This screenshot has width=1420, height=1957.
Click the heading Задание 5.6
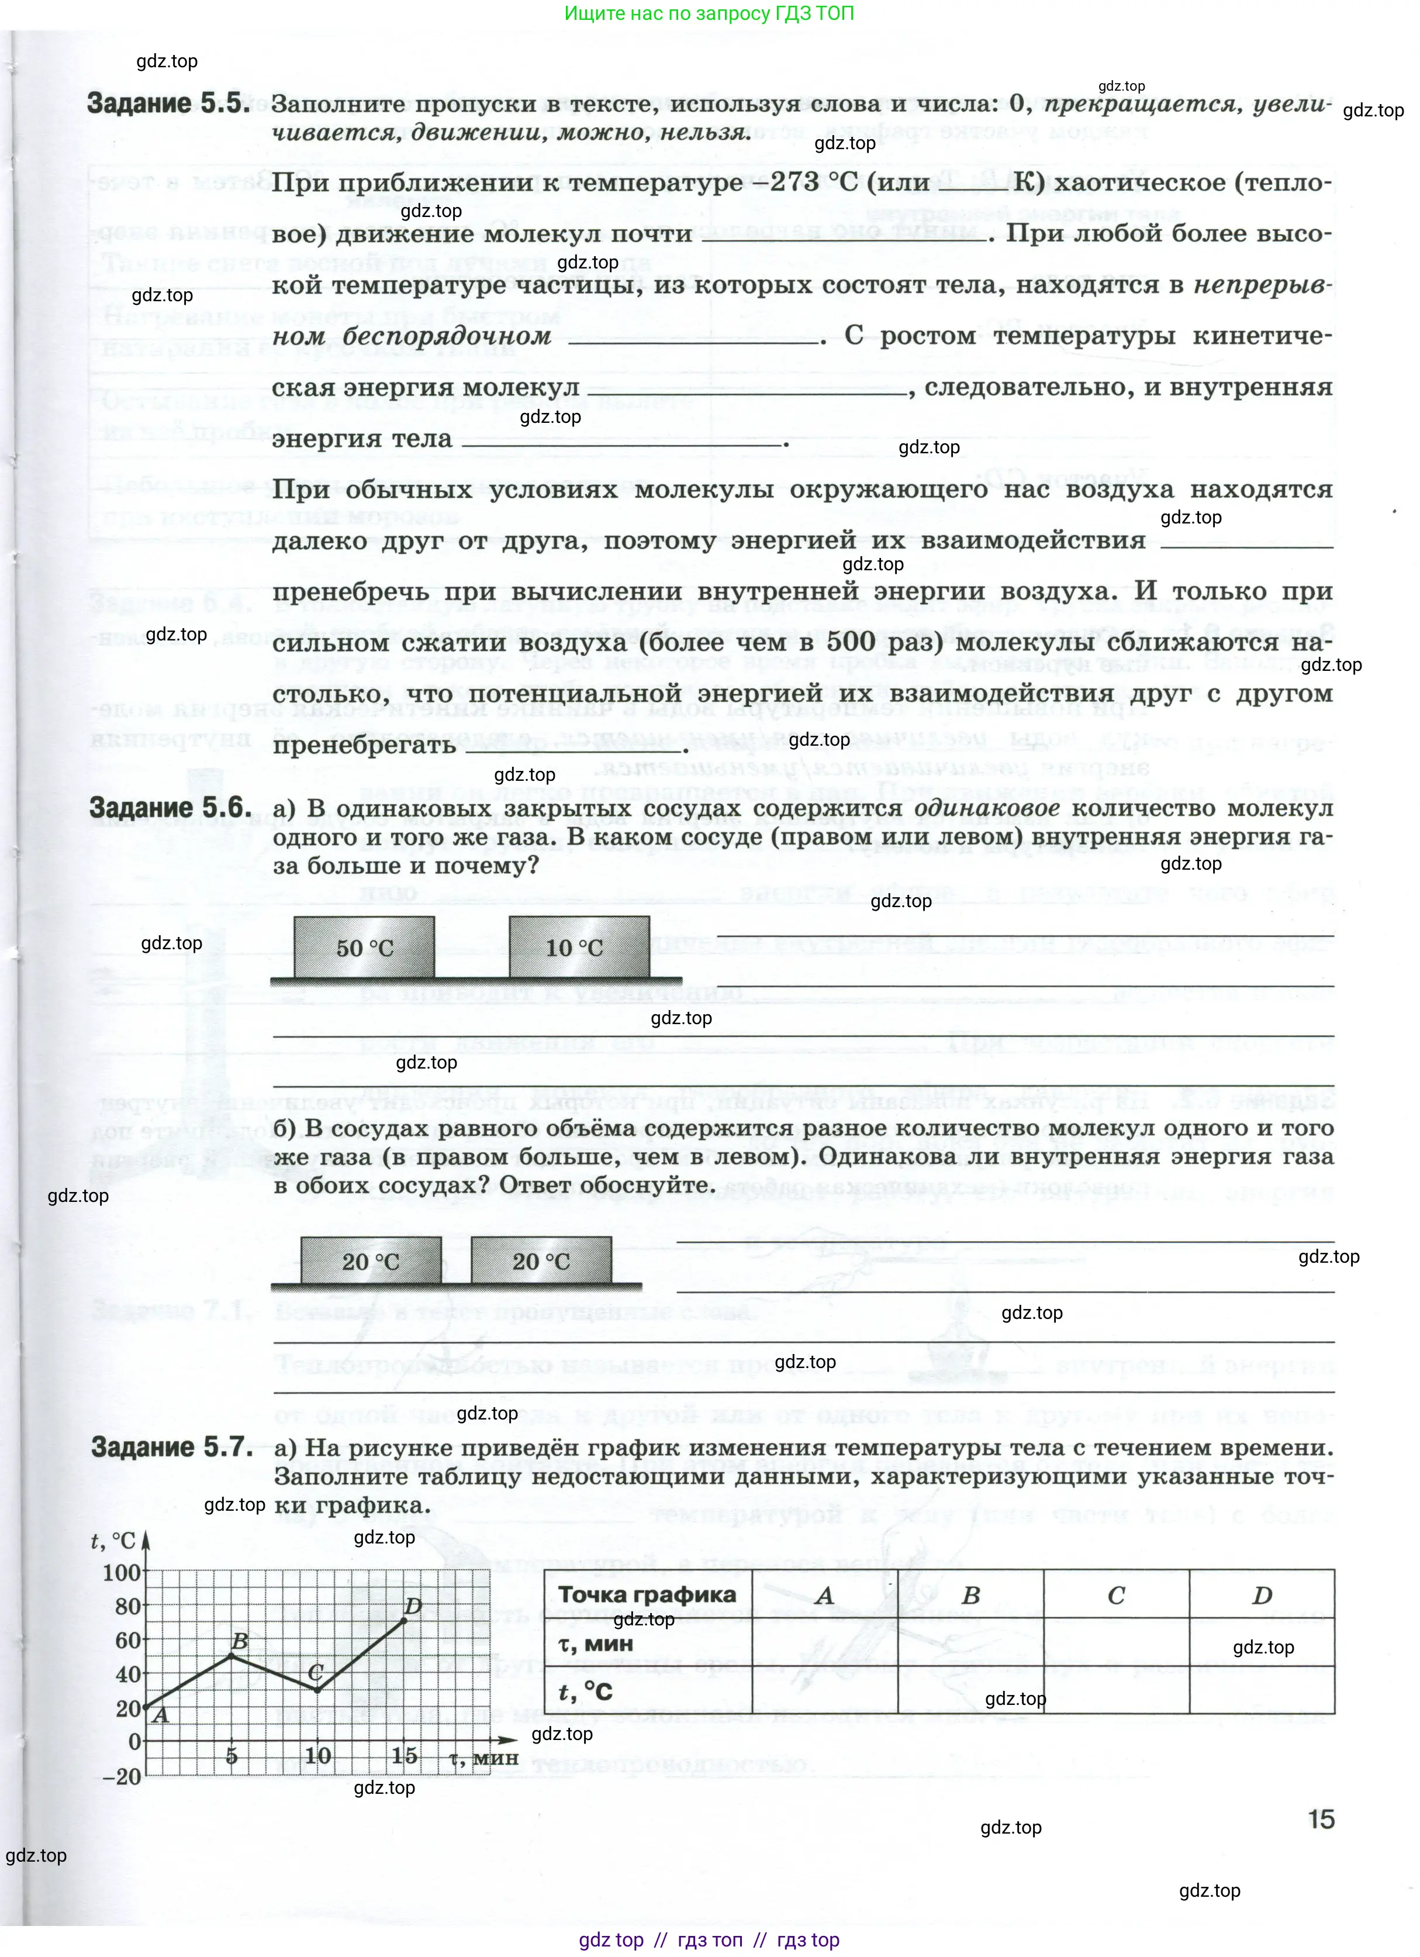tap(171, 808)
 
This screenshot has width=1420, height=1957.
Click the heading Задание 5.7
tap(172, 1447)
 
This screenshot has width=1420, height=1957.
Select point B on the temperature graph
tap(231, 1656)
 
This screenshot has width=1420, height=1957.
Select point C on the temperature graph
tap(317, 1690)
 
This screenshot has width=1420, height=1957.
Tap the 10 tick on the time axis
tap(317, 1755)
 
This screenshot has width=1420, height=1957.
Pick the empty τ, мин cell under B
tap(970, 1643)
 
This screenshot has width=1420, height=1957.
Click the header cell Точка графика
tap(647, 1594)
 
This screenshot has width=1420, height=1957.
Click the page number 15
tap(1320, 1820)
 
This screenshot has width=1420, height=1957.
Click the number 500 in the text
tap(850, 642)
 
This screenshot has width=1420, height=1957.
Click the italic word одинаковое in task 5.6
tap(986, 808)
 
